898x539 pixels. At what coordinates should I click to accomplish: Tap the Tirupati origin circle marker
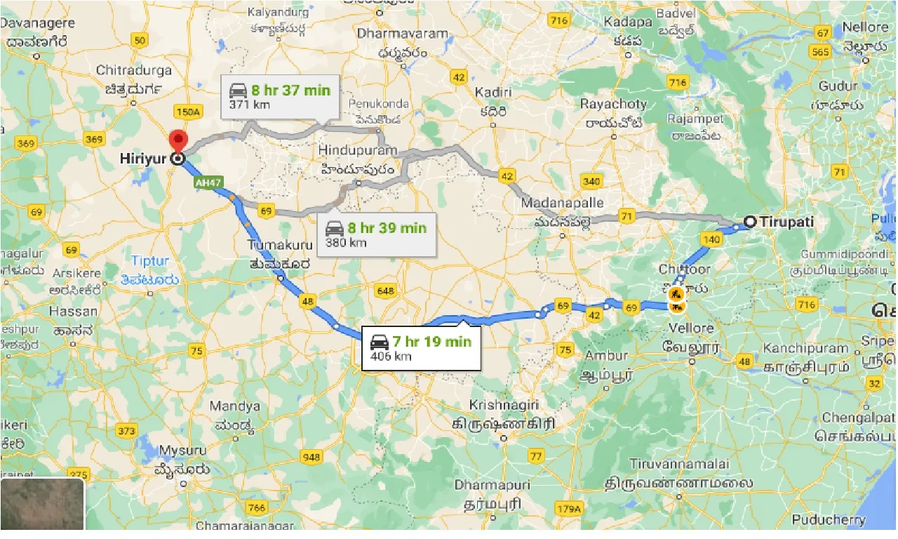(x=749, y=222)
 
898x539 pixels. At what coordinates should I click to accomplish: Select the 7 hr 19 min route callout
(x=421, y=347)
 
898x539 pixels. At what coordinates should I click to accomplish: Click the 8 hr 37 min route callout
(x=280, y=97)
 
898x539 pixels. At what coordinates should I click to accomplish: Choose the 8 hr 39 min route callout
(x=377, y=234)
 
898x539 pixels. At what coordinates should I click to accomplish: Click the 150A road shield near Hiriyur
(x=189, y=112)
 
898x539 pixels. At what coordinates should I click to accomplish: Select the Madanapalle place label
(x=563, y=203)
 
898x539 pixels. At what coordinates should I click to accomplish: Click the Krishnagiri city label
(x=504, y=406)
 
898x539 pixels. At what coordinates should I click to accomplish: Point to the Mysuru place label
(x=182, y=450)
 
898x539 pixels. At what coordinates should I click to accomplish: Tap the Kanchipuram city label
(x=806, y=348)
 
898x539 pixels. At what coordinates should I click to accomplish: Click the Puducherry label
(x=829, y=520)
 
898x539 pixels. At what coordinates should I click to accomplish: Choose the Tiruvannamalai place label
(x=679, y=464)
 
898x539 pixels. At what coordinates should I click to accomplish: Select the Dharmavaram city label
(x=402, y=33)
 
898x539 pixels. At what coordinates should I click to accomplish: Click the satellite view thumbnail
(x=43, y=504)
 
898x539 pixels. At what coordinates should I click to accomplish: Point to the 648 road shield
(x=386, y=291)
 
